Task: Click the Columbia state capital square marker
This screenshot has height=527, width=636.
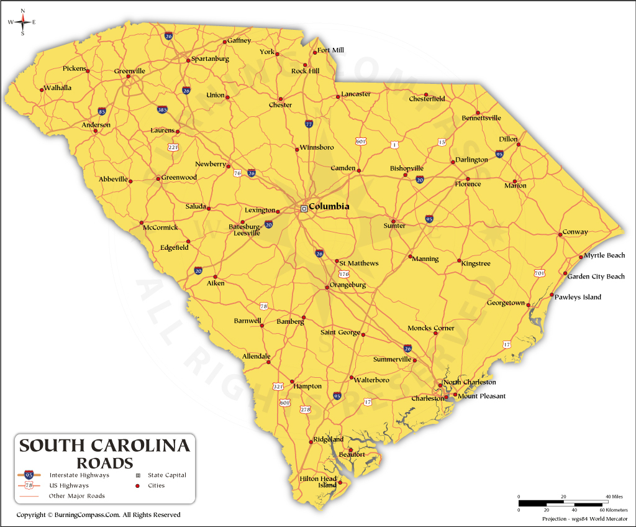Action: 304,209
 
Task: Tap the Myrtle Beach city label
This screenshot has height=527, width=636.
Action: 604,255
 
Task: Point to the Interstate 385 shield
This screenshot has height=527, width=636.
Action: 162,110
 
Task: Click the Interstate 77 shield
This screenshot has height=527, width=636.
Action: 309,124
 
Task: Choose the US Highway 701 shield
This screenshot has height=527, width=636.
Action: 539,273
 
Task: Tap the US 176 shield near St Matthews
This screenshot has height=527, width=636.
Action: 343,274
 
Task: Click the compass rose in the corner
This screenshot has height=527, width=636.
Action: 22,22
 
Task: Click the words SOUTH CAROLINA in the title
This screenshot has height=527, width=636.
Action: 104,446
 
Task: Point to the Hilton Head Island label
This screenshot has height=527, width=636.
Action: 318,482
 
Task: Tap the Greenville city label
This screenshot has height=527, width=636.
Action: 130,71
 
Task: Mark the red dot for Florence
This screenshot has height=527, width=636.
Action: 468,184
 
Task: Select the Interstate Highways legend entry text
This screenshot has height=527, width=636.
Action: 79,475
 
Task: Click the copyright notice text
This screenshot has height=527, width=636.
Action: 98,515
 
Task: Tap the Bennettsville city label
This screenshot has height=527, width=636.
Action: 481,118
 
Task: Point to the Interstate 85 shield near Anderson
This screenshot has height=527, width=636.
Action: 102,112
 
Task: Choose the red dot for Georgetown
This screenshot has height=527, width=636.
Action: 529,305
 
